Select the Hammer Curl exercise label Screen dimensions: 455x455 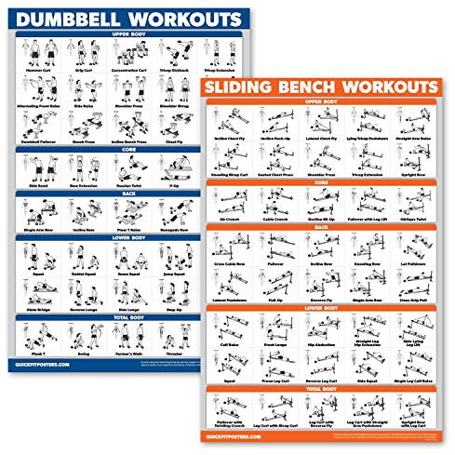(37, 68)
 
